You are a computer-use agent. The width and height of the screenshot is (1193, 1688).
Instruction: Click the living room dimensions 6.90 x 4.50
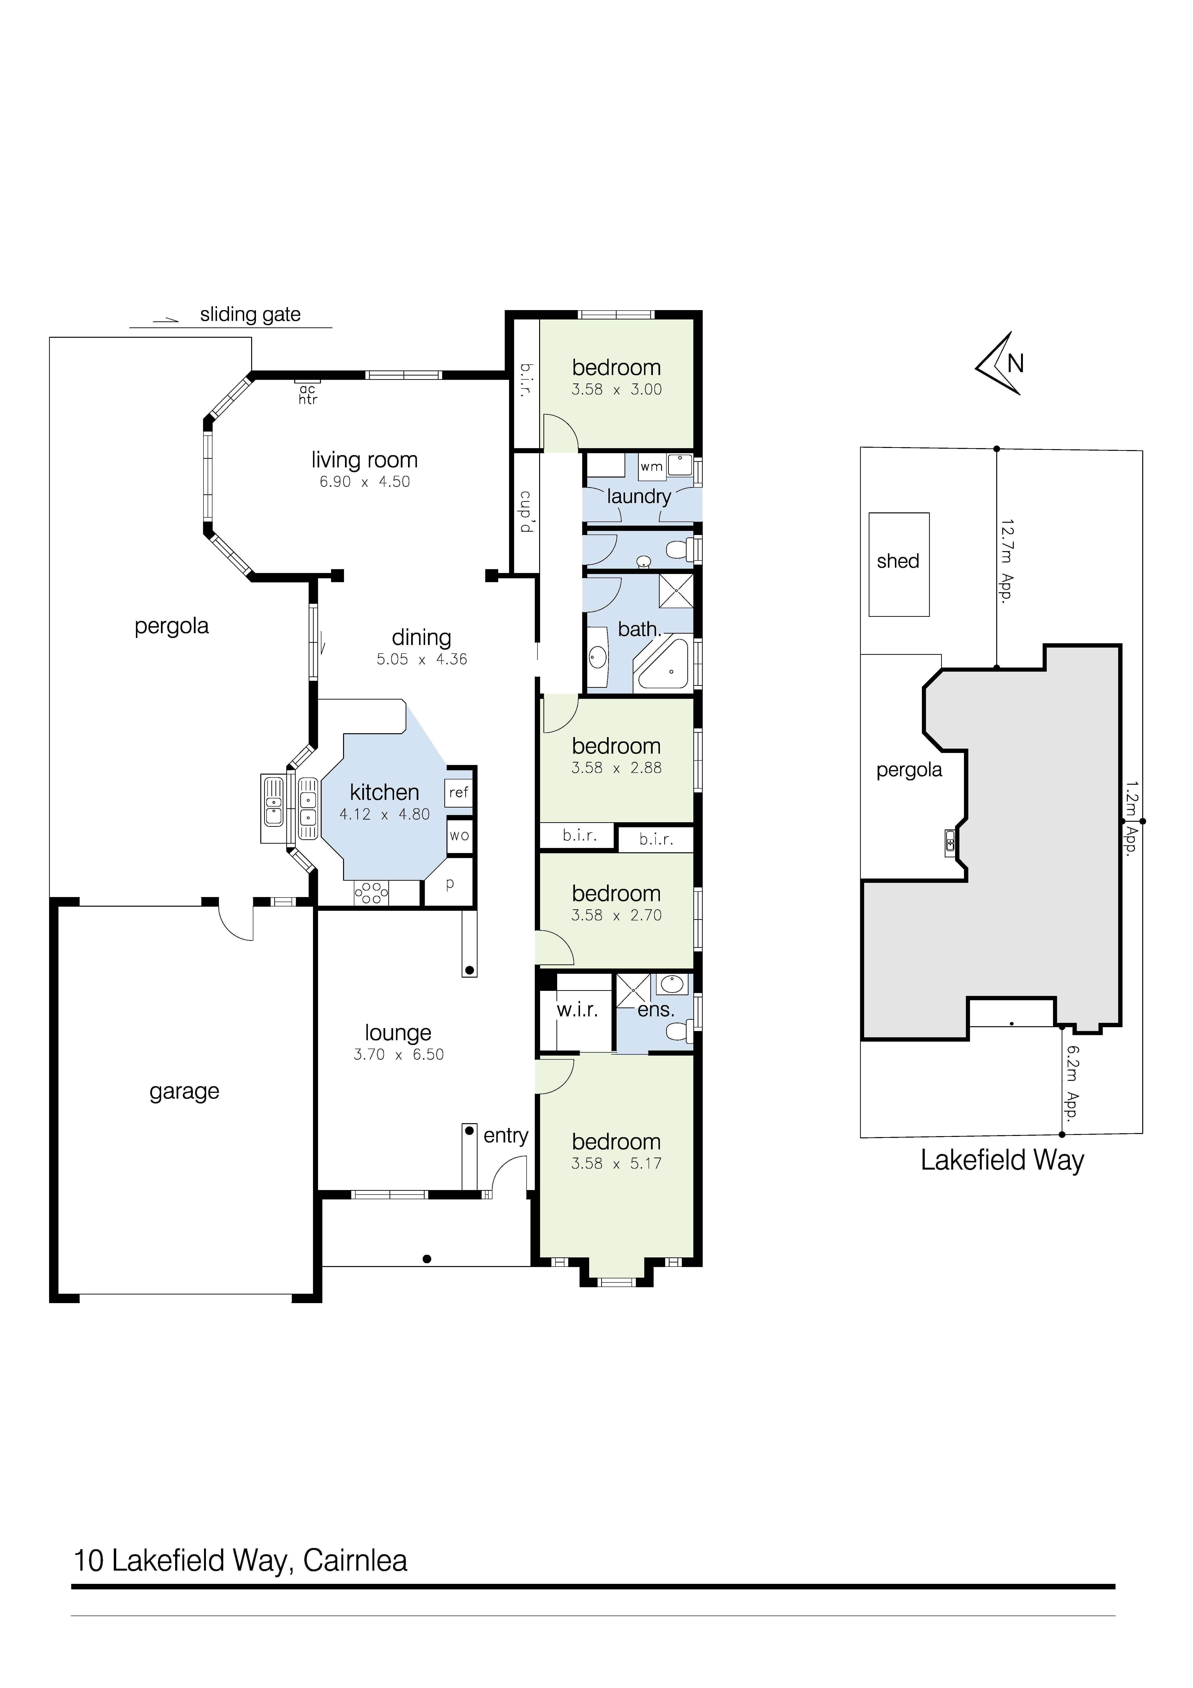coord(365,482)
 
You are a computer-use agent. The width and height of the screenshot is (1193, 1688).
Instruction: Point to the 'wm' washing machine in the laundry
coord(651,467)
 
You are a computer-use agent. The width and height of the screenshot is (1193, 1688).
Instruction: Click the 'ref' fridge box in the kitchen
coord(459,793)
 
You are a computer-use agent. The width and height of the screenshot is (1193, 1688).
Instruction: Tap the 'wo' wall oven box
coord(459,836)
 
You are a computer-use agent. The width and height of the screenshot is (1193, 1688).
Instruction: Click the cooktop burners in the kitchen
coord(372,893)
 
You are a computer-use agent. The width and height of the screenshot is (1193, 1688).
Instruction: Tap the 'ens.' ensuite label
coord(656,1010)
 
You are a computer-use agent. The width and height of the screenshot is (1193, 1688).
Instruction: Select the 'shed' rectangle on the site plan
coord(899,565)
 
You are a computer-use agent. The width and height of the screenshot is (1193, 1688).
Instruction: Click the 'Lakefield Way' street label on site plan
coord(1003,1160)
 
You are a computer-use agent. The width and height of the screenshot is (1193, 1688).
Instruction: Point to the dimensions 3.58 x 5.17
coord(617,1164)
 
